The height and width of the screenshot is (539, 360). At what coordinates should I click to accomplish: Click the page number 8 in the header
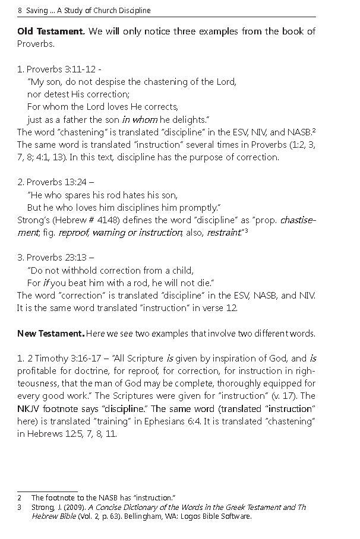pos(20,11)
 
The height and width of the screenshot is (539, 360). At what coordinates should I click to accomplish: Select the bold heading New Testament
pos(50,334)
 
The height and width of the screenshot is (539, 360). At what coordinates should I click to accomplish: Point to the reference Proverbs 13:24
pos(58,182)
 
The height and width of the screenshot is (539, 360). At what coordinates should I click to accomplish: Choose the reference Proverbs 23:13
pos(58,257)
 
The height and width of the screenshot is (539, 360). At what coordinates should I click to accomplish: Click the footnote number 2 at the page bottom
pos(20,497)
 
